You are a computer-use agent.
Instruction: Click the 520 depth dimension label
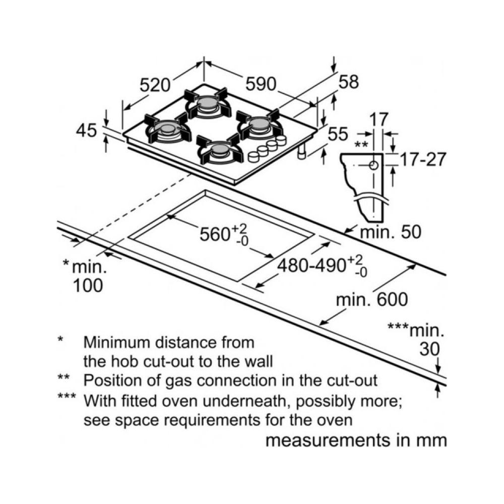[155, 85]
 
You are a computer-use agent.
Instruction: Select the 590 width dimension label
[261, 84]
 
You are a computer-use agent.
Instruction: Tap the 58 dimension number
[349, 82]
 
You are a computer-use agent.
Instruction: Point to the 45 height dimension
[86, 131]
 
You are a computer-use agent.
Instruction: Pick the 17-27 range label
[422, 159]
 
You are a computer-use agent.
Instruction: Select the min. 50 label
[390, 231]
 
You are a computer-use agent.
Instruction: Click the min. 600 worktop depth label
[372, 299]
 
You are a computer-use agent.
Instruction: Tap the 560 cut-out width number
[214, 234]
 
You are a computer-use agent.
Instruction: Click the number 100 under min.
[88, 285]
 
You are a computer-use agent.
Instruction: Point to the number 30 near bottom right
[429, 349]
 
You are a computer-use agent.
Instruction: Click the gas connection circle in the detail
[373, 165]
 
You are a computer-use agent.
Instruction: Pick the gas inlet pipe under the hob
[301, 151]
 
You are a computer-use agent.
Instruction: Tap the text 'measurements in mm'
[356, 440]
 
